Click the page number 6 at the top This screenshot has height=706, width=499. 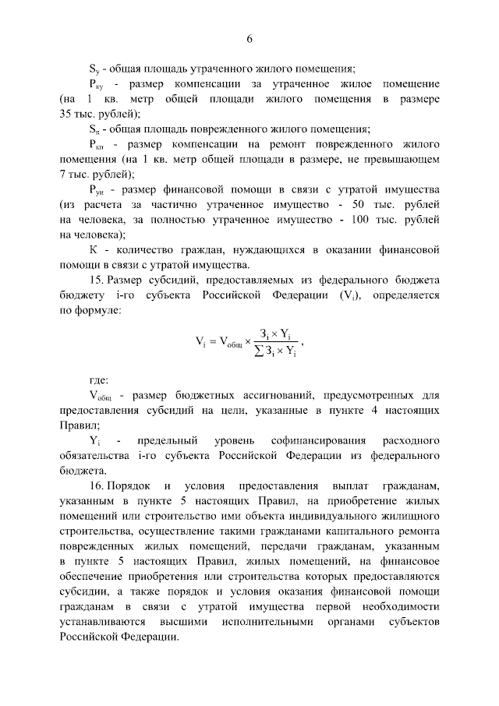[x=250, y=40]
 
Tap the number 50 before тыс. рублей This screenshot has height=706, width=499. [x=366, y=204]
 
